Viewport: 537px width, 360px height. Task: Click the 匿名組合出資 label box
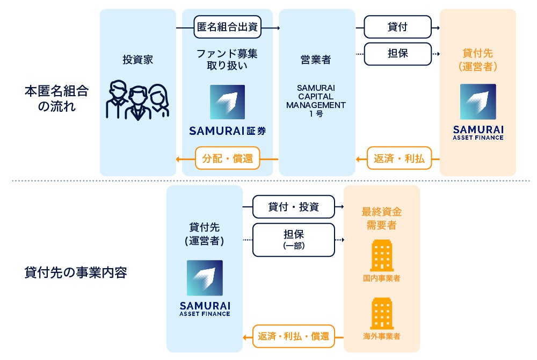[x=227, y=27]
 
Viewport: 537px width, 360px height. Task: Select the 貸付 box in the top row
[x=397, y=27]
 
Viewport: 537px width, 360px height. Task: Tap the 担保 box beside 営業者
[x=397, y=54]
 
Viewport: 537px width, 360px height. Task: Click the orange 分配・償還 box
[x=227, y=159]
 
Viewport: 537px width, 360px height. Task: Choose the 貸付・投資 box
[x=293, y=206]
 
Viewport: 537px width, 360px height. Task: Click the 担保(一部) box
[x=293, y=240]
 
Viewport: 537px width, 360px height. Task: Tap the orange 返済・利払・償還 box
[x=293, y=336]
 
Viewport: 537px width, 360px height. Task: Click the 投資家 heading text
[x=138, y=60]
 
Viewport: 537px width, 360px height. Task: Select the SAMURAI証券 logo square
[x=227, y=102]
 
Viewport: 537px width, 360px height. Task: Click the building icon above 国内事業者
[x=381, y=256]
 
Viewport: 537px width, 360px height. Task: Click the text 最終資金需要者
[x=381, y=218]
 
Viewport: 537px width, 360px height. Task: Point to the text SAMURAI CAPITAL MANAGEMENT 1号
[x=316, y=100]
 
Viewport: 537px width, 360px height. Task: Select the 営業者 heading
[x=316, y=60]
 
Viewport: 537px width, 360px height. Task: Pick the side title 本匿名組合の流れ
[x=56, y=98]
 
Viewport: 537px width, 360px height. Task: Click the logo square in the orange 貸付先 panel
[x=478, y=102]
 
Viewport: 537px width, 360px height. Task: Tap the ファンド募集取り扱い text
[x=227, y=60]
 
